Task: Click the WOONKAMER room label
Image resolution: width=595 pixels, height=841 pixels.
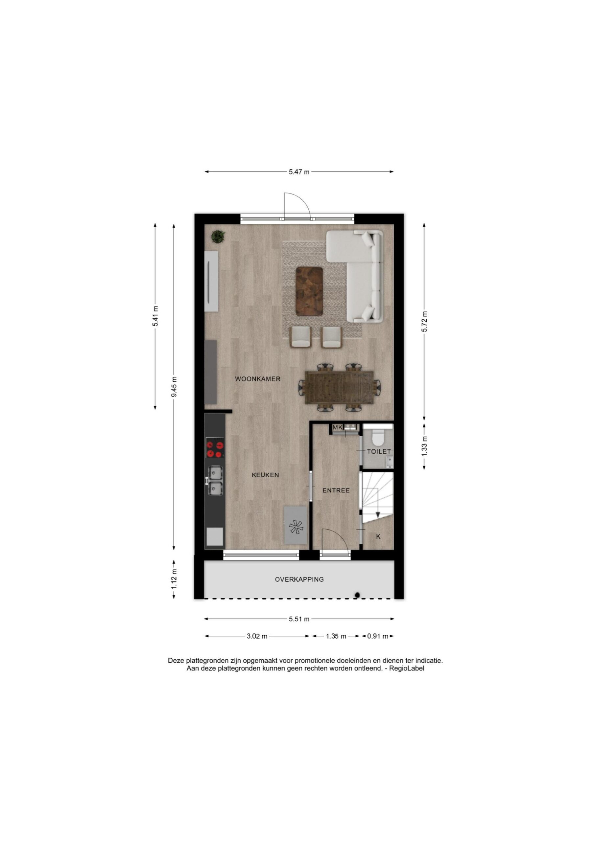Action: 257,379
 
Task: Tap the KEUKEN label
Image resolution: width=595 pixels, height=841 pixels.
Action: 265,475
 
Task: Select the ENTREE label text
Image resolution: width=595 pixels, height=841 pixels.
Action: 336,490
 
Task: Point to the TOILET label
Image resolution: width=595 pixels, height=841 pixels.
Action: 379,452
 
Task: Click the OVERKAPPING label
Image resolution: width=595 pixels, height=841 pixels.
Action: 299,580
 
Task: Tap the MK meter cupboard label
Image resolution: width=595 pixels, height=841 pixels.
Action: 337,427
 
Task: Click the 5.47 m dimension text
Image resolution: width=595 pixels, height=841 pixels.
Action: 299,171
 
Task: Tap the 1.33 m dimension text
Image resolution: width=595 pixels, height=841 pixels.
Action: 424,446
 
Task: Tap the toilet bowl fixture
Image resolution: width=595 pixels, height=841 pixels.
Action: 377,435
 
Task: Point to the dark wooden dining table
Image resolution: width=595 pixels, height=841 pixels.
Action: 340,388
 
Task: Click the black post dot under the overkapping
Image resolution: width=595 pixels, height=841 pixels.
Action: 357,595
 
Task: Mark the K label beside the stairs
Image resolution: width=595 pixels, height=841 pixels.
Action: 378,536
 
